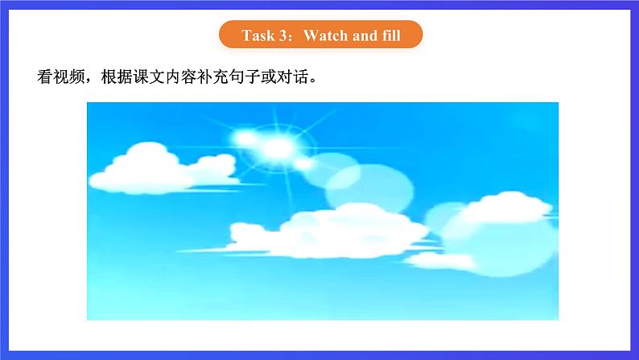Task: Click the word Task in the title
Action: (257, 35)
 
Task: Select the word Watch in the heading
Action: (325, 35)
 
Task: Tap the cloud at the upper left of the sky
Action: (157, 164)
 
